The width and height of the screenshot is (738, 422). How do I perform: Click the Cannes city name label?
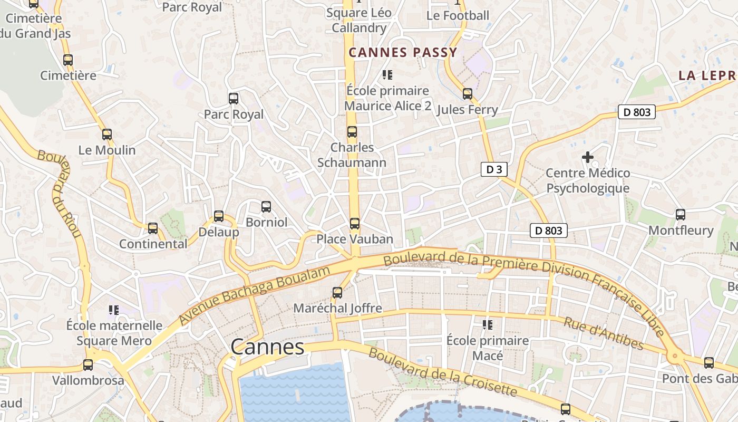(x=267, y=347)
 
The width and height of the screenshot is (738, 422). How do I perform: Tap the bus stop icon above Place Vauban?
(x=355, y=224)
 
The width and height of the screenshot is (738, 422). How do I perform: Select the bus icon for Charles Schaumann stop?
(x=352, y=132)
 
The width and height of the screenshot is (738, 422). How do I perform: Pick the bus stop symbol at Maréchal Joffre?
(x=337, y=292)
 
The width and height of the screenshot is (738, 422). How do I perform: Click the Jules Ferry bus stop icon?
(x=468, y=94)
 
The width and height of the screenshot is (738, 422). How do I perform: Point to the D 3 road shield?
(x=494, y=169)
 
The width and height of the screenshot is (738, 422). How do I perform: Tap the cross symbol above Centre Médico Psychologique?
(x=588, y=157)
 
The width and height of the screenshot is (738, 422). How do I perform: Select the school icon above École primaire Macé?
(x=488, y=324)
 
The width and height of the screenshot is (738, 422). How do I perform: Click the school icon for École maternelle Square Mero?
(x=114, y=310)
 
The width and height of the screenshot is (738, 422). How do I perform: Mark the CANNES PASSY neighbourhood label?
(x=403, y=53)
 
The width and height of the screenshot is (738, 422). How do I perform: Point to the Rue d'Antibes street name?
(x=604, y=333)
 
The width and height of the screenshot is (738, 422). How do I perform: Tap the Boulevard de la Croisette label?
(x=443, y=372)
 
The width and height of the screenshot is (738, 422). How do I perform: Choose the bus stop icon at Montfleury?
(x=681, y=215)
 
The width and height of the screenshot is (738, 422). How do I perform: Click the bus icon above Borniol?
(x=266, y=207)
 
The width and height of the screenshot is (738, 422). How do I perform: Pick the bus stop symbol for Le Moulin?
(x=107, y=135)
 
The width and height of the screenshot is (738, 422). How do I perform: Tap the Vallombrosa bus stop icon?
(x=88, y=365)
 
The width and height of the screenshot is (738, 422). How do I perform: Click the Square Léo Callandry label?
(x=359, y=20)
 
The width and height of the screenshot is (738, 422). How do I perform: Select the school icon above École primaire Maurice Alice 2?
(x=387, y=75)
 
